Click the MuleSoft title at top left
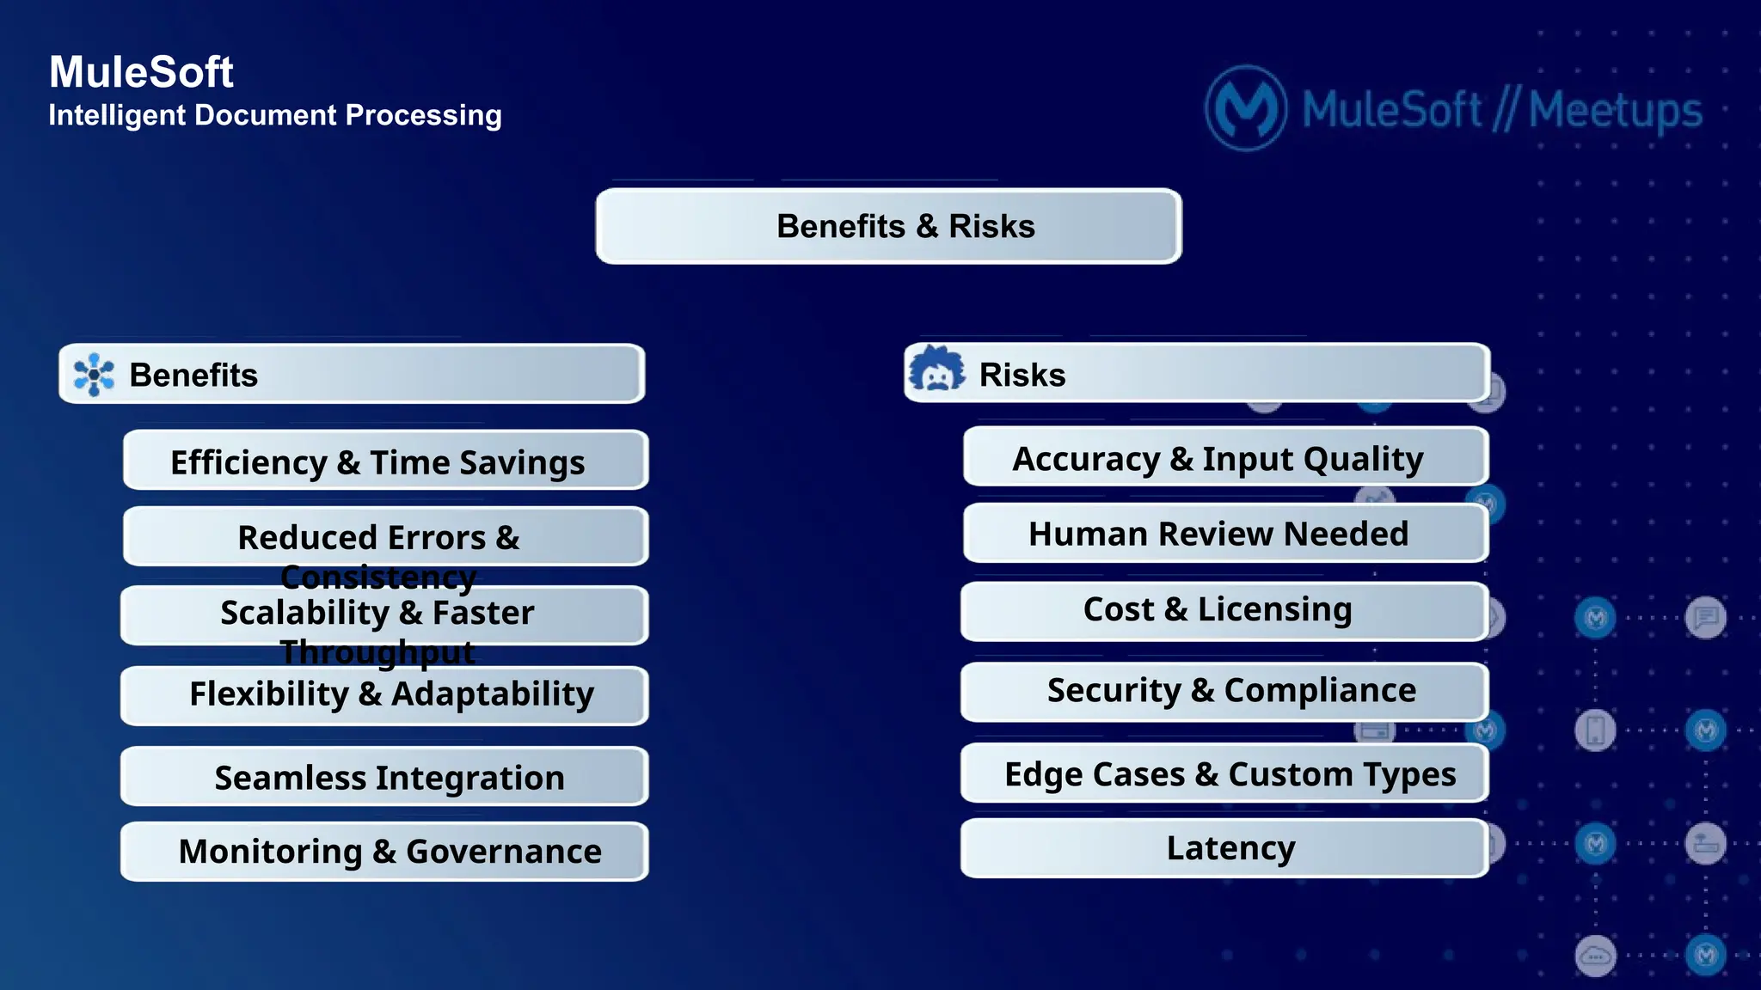tap(141, 72)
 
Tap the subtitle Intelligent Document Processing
tap(275, 115)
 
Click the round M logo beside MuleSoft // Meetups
tap(1246, 109)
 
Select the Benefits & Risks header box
tap(889, 226)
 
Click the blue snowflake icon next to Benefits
tap(94, 375)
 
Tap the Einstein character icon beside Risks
tap(936, 370)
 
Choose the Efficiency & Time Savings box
tap(385, 461)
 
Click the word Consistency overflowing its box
tap(378, 577)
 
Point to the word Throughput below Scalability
tap(378, 652)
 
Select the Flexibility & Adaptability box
tap(385, 694)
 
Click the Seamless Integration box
tap(385, 777)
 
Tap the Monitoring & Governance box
tap(385, 851)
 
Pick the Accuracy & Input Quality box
tap(1224, 458)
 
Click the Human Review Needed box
tap(1224, 534)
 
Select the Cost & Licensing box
tap(1224, 609)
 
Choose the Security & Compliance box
tap(1224, 690)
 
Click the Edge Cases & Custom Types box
tap(1224, 773)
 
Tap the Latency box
tap(1224, 848)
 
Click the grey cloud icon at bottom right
tap(1596, 955)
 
